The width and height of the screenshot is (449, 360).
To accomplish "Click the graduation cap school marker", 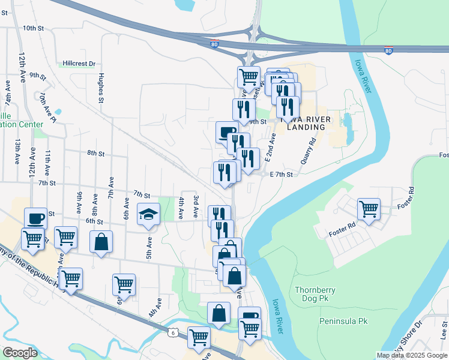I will point(148,215).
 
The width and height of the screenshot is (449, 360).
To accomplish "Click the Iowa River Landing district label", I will point(309,123).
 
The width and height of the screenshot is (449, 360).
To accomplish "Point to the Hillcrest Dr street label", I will point(79,64).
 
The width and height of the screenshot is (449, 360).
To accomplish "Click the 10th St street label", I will point(34,28).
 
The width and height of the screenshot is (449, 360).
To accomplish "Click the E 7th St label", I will point(281,174).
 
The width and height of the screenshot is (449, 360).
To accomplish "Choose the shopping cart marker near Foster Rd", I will point(369,209).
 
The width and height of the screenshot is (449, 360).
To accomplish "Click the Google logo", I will point(20,353).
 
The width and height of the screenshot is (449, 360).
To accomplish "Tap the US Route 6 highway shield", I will point(173,332).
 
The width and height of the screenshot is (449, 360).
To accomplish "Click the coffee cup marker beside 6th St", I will point(35,218).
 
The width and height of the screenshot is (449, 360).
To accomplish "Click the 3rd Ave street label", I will point(195,206).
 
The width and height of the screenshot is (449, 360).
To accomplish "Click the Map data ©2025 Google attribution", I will point(411,355).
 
